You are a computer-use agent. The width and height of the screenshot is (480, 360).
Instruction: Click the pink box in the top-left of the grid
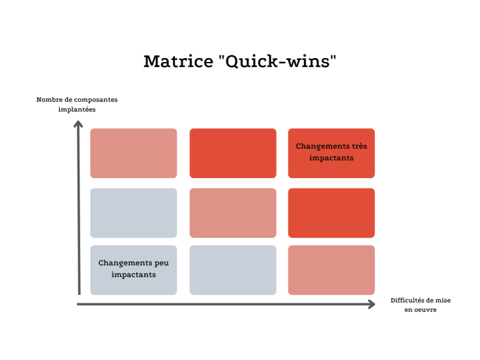coord(133,153)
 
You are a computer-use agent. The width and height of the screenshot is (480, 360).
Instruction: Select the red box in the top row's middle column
coord(232,153)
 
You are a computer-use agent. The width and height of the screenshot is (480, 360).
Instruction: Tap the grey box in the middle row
coord(133,212)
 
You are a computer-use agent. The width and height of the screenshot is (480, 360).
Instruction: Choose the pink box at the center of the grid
coord(232,212)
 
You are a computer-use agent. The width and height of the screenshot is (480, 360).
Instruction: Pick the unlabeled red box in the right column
coord(331,212)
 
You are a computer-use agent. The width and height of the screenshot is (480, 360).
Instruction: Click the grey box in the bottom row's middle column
coord(232,270)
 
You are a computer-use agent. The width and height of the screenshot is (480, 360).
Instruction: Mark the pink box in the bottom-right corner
coord(331,270)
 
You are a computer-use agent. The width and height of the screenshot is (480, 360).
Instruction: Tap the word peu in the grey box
coord(161,263)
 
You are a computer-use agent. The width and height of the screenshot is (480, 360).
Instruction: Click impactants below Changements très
coord(331,158)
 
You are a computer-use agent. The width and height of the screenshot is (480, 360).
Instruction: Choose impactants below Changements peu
coord(133,275)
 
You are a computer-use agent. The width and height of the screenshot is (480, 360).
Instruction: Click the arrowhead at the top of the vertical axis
coord(78,123)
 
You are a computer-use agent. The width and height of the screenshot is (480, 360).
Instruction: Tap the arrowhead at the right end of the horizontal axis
coord(372,304)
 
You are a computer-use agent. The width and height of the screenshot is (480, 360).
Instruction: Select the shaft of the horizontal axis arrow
coord(225,304)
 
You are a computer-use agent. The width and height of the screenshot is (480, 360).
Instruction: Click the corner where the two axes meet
coord(79,304)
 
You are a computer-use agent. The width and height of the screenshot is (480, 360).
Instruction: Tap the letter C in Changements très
coord(299,146)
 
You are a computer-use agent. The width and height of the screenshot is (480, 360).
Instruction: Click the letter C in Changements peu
coord(101,263)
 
